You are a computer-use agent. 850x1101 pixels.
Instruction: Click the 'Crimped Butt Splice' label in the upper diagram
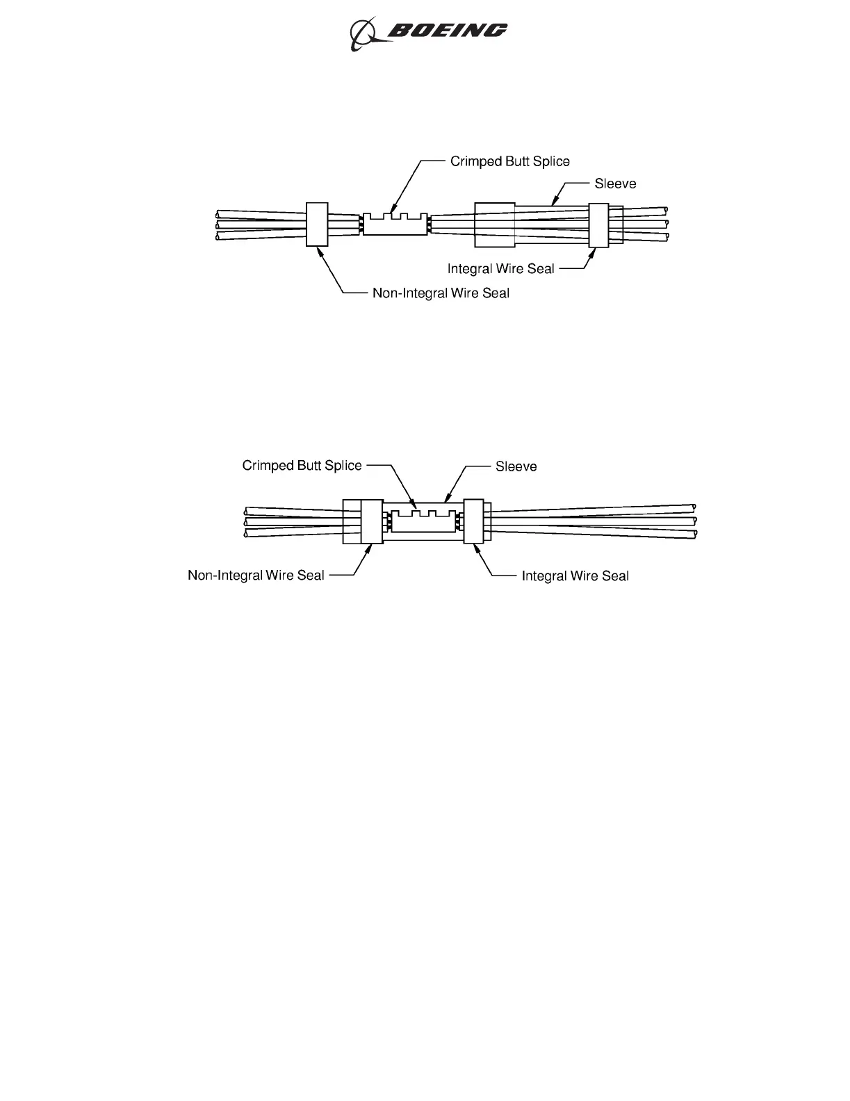click(509, 161)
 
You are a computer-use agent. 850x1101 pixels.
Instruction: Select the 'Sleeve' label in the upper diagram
click(615, 183)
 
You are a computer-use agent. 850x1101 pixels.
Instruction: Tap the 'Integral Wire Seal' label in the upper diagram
click(500, 269)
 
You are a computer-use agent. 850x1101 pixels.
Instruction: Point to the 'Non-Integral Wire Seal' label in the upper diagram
click(441, 293)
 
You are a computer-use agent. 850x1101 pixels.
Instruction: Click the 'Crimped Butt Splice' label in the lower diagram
click(302, 466)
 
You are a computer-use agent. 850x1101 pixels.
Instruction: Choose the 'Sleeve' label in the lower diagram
click(516, 466)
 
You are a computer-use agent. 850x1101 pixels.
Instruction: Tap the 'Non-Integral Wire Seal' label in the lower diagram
click(256, 576)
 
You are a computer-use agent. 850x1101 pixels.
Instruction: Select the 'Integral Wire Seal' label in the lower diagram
click(575, 576)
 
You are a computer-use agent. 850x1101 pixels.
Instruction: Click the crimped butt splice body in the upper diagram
click(395, 225)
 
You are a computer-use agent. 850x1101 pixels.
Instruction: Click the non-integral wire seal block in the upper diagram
click(317, 224)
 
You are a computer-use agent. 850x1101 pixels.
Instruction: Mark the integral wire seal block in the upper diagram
click(598, 225)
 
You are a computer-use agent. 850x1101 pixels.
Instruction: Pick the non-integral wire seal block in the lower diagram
click(372, 521)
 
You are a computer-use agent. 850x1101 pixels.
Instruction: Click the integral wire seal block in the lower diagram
click(473, 521)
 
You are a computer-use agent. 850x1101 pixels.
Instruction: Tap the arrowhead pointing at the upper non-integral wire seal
click(320, 251)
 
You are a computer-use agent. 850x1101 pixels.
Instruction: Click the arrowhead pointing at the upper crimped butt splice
click(392, 209)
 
